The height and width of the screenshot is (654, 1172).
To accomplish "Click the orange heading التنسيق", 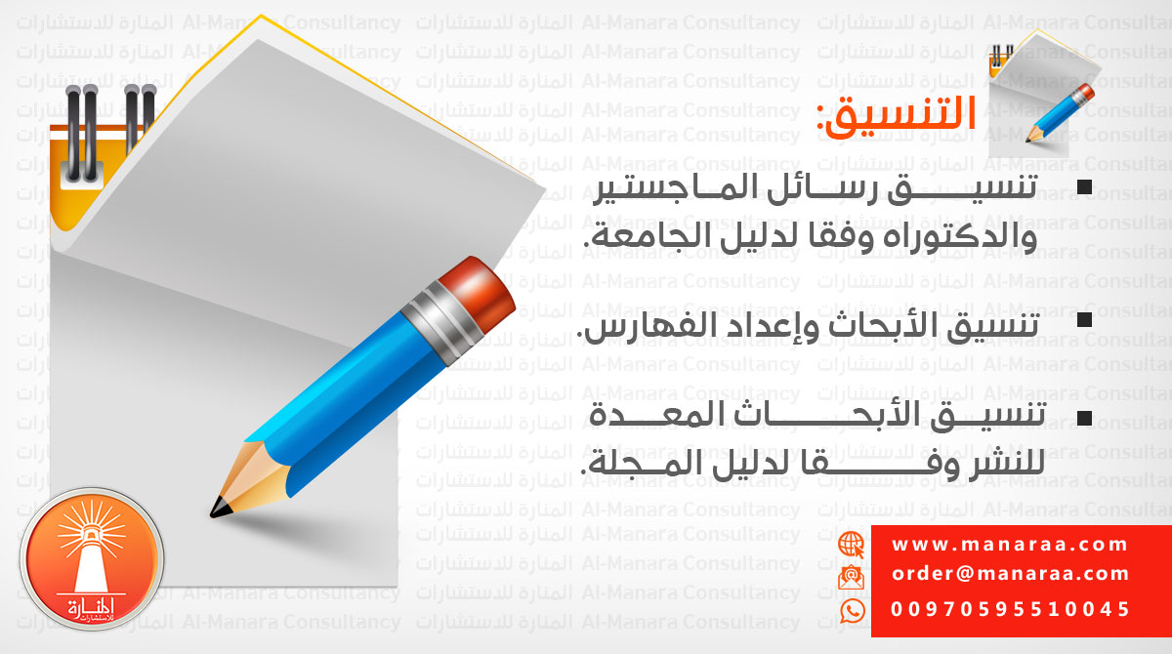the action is [897, 116].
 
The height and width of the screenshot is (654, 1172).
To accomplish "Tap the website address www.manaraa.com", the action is [1009, 545].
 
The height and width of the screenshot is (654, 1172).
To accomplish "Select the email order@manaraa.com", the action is [1010, 574].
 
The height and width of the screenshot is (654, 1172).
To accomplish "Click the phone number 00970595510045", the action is [1010, 609].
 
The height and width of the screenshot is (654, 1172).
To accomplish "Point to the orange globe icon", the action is [852, 545].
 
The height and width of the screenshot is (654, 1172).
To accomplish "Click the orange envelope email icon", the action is [852, 577].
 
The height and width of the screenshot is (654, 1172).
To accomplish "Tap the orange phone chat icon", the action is [853, 611].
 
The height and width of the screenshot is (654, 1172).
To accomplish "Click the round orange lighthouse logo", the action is [92, 559].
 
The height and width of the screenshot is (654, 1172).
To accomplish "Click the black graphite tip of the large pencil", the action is [220, 508].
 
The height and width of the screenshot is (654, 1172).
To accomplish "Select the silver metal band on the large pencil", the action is [442, 322].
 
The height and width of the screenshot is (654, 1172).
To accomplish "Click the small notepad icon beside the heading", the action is [1041, 94].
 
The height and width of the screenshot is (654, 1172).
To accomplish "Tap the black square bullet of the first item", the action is [1085, 187].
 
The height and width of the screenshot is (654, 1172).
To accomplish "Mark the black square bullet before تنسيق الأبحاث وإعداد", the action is [1085, 320].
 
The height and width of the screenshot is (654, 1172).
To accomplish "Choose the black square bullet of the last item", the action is [1085, 418].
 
